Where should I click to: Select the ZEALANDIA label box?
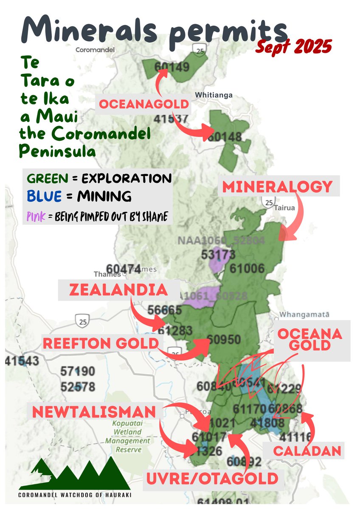(x=118, y=290)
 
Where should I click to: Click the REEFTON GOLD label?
(x=101, y=344)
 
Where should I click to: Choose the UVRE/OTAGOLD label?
(x=212, y=479)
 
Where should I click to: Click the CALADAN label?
(x=308, y=450)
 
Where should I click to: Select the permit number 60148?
(x=225, y=137)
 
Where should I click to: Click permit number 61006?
(x=247, y=268)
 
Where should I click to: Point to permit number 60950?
(x=225, y=340)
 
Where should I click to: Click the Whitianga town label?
(x=213, y=95)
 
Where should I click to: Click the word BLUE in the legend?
(x=41, y=196)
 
